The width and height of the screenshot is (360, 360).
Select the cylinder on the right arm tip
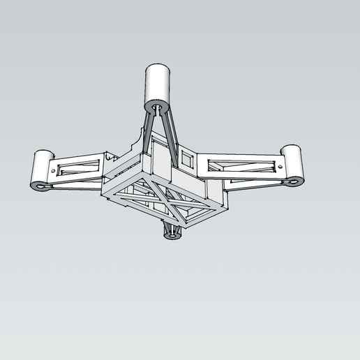[x=293, y=162]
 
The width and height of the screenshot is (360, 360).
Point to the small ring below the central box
[x=172, y=235]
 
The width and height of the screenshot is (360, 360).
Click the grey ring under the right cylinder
[x=294, y=181]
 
